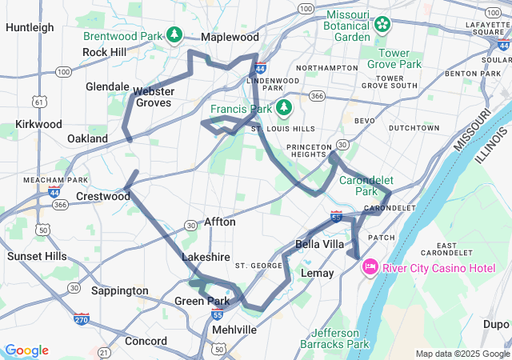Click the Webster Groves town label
154,97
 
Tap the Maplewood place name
230,38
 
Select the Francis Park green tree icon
283,107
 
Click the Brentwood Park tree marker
174,35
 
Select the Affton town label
220,222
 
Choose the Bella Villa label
319,243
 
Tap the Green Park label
202,301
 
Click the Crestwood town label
102,196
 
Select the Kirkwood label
38,124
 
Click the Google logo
26,350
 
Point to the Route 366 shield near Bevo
318,96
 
